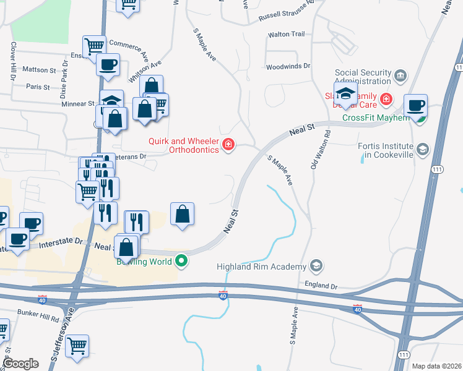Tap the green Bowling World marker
(181, 261)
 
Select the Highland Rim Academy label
(261, 267)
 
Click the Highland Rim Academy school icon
(316, 266)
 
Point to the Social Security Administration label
(363, 77)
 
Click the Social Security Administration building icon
(400, 76)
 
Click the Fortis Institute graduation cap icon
(423, 149)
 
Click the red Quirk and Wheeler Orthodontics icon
(228, 145)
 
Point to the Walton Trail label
(286, 35)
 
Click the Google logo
(21, 364)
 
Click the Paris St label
(38, 87)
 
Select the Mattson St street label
(39, 70)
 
